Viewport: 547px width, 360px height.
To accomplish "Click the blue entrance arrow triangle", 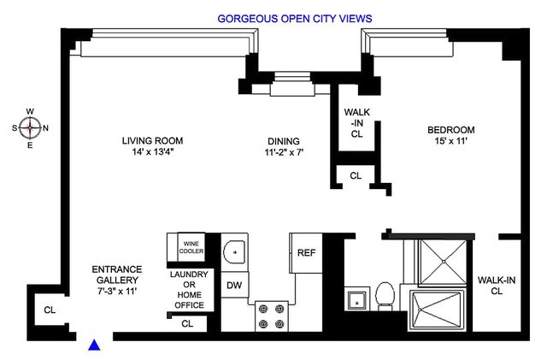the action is coord(94,345).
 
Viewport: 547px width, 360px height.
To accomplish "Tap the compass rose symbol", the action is coord(30,127).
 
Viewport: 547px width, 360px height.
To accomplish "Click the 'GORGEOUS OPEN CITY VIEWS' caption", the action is coord(295,19).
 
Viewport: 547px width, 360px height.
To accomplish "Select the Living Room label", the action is coord(152,141).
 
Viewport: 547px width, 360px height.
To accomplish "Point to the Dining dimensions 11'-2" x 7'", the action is coord(284,152).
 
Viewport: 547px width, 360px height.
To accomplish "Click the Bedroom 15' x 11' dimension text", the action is coord(450,141).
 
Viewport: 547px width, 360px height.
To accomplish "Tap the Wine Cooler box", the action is coord(191,247).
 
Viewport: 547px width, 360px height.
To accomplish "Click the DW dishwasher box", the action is coord(235,285).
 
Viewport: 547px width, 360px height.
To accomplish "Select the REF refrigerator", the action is coord(306,253).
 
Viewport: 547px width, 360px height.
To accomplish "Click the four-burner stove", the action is coord(272,316).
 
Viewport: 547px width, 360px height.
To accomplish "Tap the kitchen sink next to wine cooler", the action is coord(234,252).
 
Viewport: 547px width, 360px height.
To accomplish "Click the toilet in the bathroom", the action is coord(385,296).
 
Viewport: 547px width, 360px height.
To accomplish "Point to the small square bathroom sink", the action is coord(357,299).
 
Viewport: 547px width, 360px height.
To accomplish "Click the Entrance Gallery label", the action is coord(117,280).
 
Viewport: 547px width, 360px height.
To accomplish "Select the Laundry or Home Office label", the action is coord(189,290).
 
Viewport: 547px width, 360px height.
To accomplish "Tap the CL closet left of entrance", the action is coord(50,310).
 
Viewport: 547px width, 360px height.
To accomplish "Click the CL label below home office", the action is coord(187,324).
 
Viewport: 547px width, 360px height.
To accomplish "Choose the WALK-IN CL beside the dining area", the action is coord(357,123).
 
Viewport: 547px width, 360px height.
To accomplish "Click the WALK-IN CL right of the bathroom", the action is coord(497,286).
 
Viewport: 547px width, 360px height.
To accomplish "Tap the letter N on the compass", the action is coord(45,128).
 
